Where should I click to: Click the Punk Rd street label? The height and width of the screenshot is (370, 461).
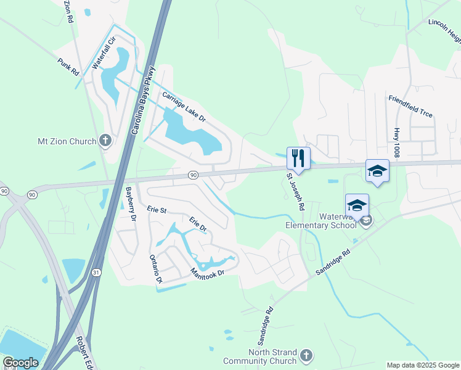pos(68,67)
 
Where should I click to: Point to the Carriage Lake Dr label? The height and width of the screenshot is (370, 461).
pos(183,107)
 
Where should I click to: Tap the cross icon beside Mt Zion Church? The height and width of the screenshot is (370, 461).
pos(105,141)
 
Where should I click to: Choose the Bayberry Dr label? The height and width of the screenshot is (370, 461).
pos(130,203)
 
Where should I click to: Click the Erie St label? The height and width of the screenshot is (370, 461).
pos(157,210)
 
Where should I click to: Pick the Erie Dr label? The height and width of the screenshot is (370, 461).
pos(197,224)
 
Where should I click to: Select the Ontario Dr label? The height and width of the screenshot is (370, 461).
pos(155,269)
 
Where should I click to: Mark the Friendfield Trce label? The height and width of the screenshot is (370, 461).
pos(410,106)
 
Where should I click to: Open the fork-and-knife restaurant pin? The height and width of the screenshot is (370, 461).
pos(298,157)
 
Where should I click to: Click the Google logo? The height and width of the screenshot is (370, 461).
pos(21,363)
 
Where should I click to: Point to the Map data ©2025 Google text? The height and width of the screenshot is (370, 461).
pos(423,365)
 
